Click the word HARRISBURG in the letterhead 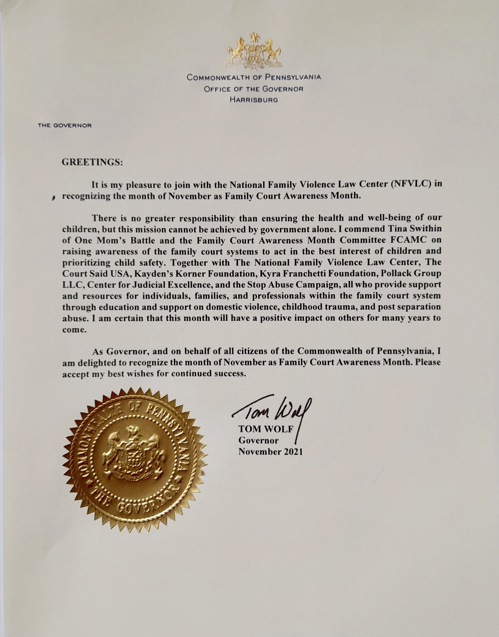[254, 100]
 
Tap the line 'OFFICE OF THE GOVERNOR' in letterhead [254, 89]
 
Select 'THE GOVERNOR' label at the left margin [65, 125]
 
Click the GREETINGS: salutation [92, 162]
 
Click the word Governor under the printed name [258, 440]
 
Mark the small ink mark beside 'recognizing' [54, 197]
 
